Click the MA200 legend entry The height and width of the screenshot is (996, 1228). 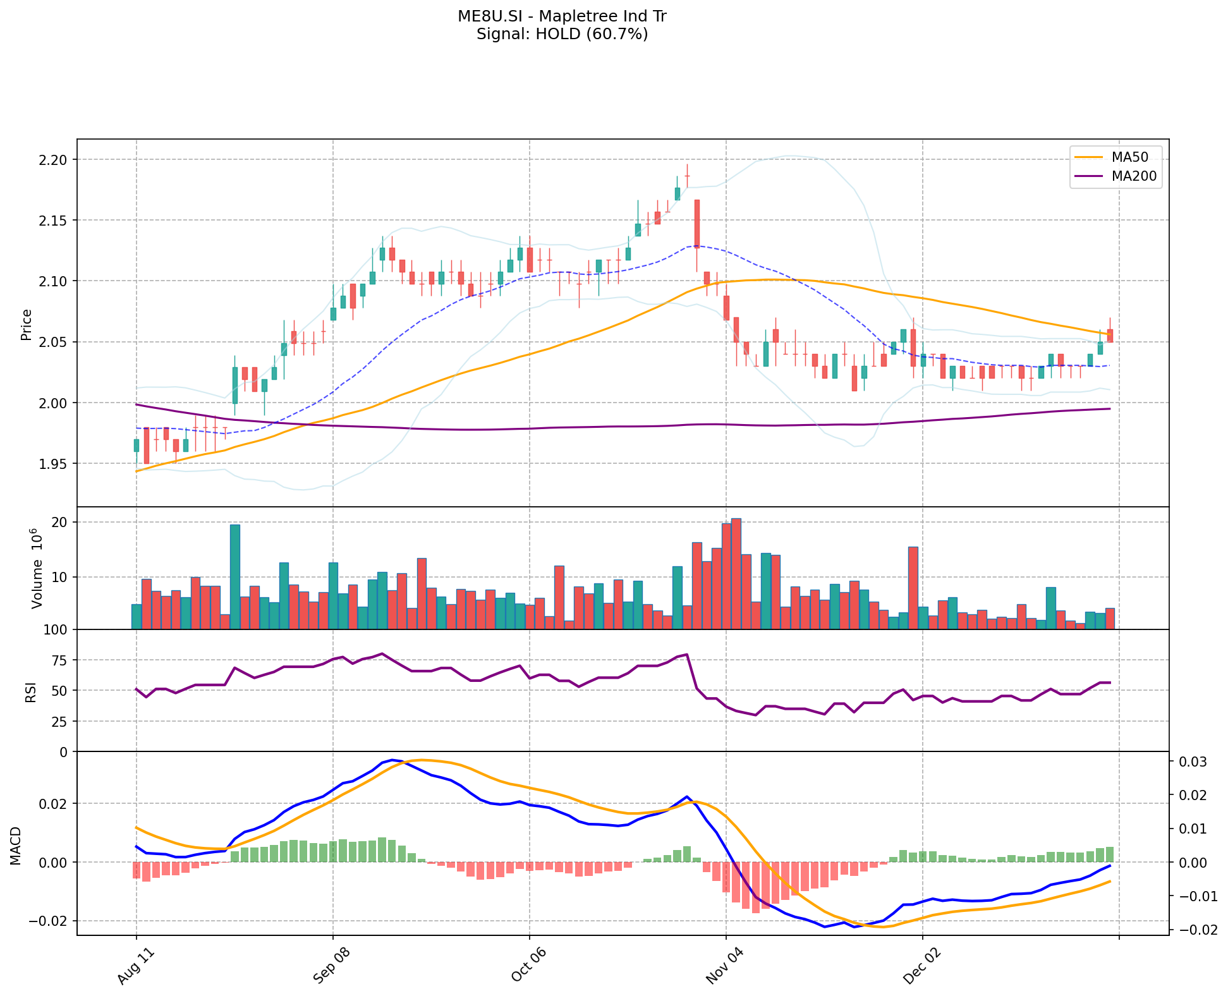click(1134, 176)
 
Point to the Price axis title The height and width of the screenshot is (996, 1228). click(27, 325)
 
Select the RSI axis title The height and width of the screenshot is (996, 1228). click(30, 691)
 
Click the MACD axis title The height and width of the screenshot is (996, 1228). click(16, 846)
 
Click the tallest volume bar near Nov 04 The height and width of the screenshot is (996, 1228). click(736, 574)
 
